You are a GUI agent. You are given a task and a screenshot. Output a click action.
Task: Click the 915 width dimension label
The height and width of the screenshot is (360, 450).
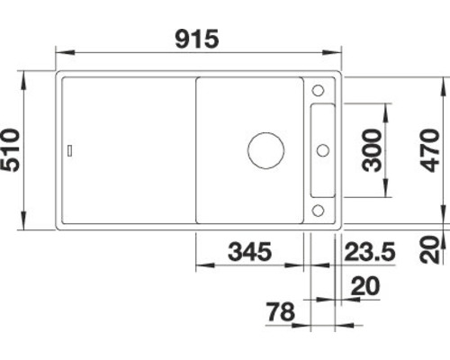coord(197,39)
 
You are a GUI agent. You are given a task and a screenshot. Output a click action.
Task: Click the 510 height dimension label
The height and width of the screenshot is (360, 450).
coord(11,150)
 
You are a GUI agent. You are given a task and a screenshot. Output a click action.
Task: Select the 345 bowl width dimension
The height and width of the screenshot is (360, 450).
coord(250,251)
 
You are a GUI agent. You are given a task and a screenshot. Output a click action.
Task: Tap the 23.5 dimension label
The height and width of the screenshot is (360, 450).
coord(370,251)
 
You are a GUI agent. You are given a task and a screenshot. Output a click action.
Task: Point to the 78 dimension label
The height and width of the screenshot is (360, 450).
coord(281,311)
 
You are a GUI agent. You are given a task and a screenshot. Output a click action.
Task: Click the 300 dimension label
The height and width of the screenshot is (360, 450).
coord(372,150)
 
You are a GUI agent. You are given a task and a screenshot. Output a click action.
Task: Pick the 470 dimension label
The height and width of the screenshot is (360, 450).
coord(429,150)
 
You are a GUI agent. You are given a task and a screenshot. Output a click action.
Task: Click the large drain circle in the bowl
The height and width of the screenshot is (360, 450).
coord(266,150)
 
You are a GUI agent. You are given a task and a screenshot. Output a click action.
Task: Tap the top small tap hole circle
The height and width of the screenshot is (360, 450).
coord(318,90)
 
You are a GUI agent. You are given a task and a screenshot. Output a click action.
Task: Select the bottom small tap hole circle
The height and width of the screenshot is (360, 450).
coord(318,210)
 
